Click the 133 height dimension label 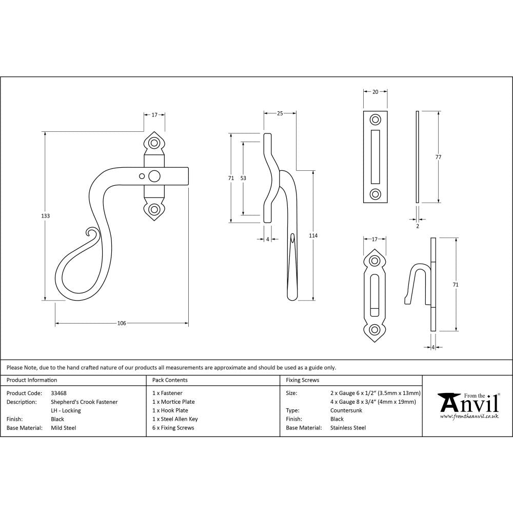(x=45, y=216)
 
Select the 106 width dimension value (x=122, y=323)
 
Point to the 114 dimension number (x=313, y=235)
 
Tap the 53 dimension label (x=243, y=178)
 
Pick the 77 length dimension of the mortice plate (x=438, y=157)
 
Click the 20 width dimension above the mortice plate (x=376, y=92)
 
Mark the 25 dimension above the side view (x=280, y=113)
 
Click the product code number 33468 (x=59, y=393)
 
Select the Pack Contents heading (x=170, y=380)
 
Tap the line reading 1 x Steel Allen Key (x=175, y=419)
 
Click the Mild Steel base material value (x=64, y=428)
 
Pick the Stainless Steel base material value (x=348, y=428)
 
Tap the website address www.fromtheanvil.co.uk (x=469, y=416)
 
